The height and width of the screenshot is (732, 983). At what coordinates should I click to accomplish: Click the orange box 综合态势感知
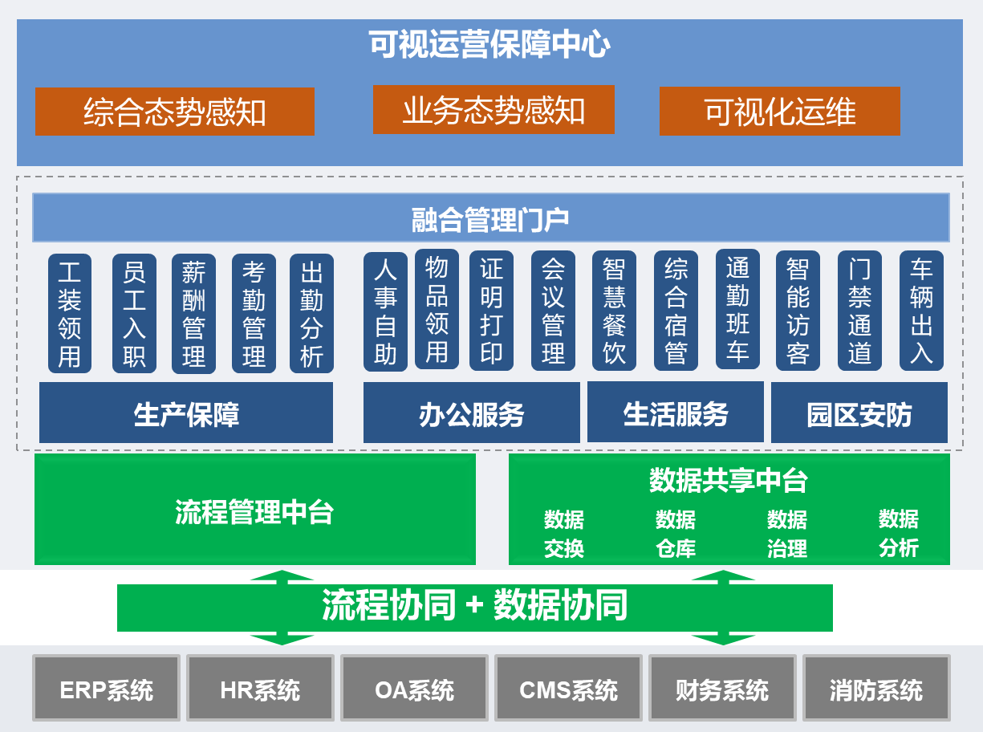[x=174, y=112]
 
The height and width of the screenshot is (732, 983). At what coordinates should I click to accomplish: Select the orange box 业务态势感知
[x=494, y=110]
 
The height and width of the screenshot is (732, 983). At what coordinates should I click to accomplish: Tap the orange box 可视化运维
[x=779, y=112]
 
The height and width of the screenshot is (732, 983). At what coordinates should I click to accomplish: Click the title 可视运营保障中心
[x=489, y=45]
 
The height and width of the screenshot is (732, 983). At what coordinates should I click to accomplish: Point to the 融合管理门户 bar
[x=490, y=218]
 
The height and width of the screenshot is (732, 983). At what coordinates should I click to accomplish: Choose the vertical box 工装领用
[x=70, y=314]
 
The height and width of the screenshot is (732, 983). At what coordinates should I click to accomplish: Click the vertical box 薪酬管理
[x=193, y=314]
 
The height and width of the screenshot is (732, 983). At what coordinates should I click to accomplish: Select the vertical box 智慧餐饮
[x=614, y=311]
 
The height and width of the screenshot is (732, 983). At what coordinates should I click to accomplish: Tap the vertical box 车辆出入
[x=921, y=311]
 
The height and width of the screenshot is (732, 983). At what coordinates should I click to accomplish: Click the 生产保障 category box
[x=186, y=414]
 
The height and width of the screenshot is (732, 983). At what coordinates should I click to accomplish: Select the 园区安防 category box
[x=859, y=414]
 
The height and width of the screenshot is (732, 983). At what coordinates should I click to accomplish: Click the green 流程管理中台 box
[x=254, y=511]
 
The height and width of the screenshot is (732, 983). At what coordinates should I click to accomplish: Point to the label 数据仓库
[x=676, y=534]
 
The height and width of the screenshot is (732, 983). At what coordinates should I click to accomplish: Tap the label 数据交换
[x=564, y=534]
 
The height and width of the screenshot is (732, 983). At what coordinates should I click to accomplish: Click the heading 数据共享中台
[x=729, y=481]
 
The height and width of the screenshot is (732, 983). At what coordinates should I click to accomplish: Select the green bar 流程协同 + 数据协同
[x=474, y=607]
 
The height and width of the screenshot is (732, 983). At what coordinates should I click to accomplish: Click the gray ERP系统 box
[x=106, y=689]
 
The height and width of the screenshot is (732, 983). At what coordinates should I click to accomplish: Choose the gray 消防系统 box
[x=876, y=689]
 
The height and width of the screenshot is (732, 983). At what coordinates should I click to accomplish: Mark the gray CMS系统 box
[x=568, y=689]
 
